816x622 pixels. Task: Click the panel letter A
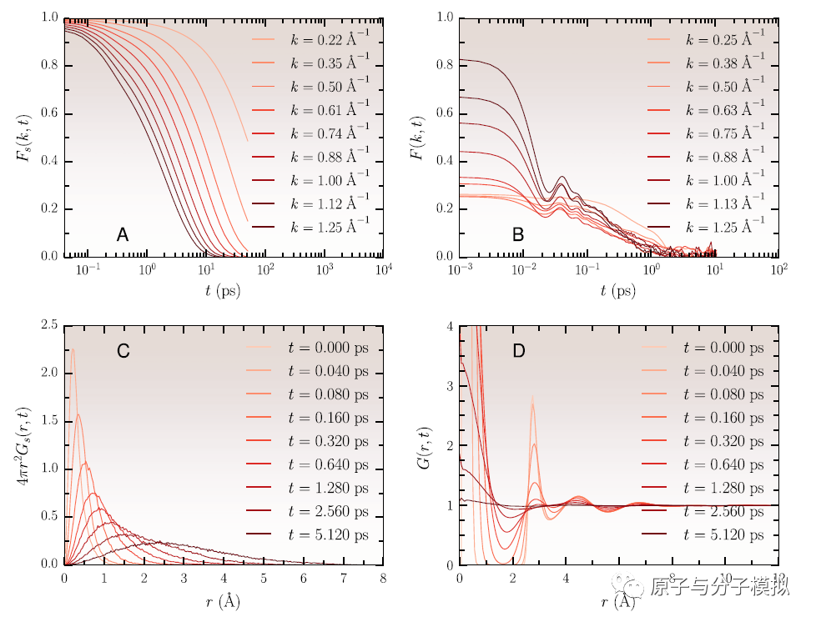click(123, 236)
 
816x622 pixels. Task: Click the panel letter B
click(518, 236)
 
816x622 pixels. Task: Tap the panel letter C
click(123, 351)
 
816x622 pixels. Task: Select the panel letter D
click(518, 351)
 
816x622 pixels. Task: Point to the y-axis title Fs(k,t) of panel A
click(24, 137)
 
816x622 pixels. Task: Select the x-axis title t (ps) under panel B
click(618, 291)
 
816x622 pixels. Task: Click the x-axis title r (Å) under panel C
click(223, 599)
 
